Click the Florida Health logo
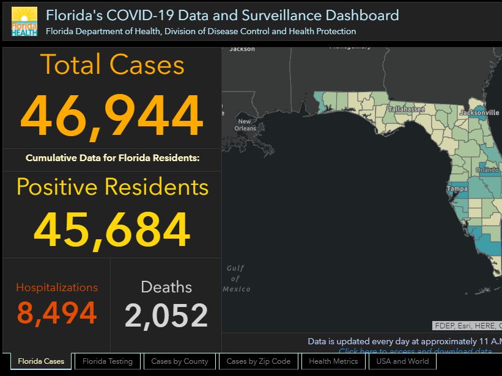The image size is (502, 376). [24, 22]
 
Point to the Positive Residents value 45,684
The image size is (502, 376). [112, 231]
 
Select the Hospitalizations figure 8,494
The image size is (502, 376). [57, 313]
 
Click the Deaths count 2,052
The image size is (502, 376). [166, 315]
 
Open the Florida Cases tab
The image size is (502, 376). [41, 361]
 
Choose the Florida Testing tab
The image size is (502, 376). [108, 361]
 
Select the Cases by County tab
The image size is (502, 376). [180, 361]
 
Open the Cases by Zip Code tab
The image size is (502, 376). [259, 361]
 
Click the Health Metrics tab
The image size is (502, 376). [333, 361]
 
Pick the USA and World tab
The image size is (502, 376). [402, 361]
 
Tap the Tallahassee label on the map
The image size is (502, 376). [407, 110]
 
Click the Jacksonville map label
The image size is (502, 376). [479, 113]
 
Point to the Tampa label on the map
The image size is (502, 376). [457, 189]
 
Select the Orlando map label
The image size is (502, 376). [487, 170]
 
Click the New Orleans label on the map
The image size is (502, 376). [245, 125]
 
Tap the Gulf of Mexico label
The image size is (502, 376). [236, 278]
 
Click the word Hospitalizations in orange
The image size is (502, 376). [57, 287]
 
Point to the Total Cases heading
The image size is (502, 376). [112, 65]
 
